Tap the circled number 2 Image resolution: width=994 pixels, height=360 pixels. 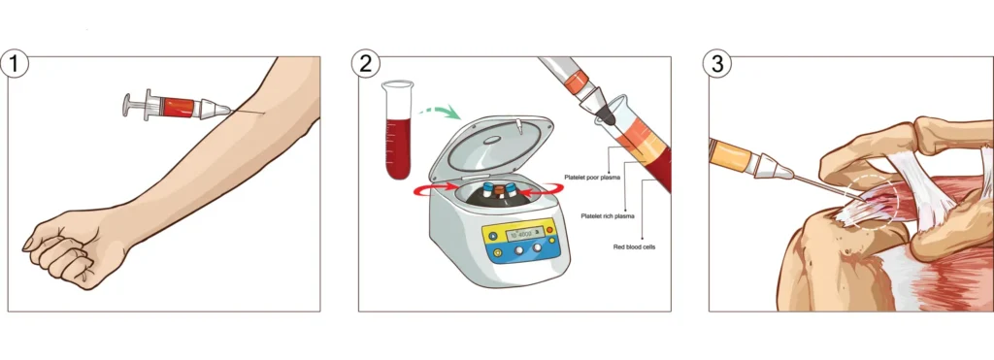tap(366, 65)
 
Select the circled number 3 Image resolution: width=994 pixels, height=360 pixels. tap(716, 65)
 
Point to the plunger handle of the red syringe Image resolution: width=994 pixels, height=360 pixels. tap(128, 104)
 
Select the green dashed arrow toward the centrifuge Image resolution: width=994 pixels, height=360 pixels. tap(441, 114)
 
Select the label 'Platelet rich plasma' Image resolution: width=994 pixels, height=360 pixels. tap(609, 215)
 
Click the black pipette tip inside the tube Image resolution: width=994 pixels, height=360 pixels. tap(606, 111)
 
